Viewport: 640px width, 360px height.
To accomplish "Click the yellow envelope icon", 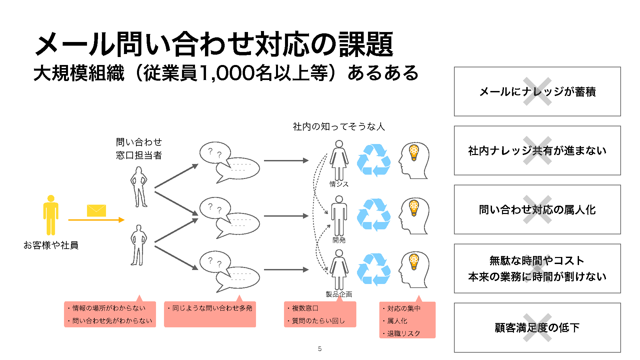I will [96, 211].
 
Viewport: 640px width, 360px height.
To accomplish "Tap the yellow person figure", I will [51, 215].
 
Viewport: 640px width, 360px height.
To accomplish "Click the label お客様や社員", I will [51, 245].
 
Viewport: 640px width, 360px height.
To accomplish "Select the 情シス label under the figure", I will [339, 184].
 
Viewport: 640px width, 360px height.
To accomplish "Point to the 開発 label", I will [339, 240].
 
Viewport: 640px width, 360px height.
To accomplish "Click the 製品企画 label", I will [339, 294].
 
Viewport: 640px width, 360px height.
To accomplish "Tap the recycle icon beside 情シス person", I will [374, 160].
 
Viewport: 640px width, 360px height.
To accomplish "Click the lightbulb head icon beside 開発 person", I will [414, 216].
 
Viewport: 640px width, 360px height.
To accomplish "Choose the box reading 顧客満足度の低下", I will [537, 328].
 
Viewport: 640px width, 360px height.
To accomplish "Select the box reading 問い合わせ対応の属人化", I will [537, 210].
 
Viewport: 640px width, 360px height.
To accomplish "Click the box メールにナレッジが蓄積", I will [537, 92].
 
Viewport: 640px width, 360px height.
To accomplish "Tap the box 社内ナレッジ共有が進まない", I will [537, 151].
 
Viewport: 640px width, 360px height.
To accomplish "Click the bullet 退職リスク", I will [403, 333].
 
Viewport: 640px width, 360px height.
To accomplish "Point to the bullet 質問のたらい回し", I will [318, 321].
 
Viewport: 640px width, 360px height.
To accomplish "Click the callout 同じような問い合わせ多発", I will [212, 308].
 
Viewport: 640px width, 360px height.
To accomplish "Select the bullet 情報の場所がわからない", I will [109, 308].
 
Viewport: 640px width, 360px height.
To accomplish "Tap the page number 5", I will [320, 349].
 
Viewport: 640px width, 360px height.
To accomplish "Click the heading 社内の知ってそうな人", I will [339, 127].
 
